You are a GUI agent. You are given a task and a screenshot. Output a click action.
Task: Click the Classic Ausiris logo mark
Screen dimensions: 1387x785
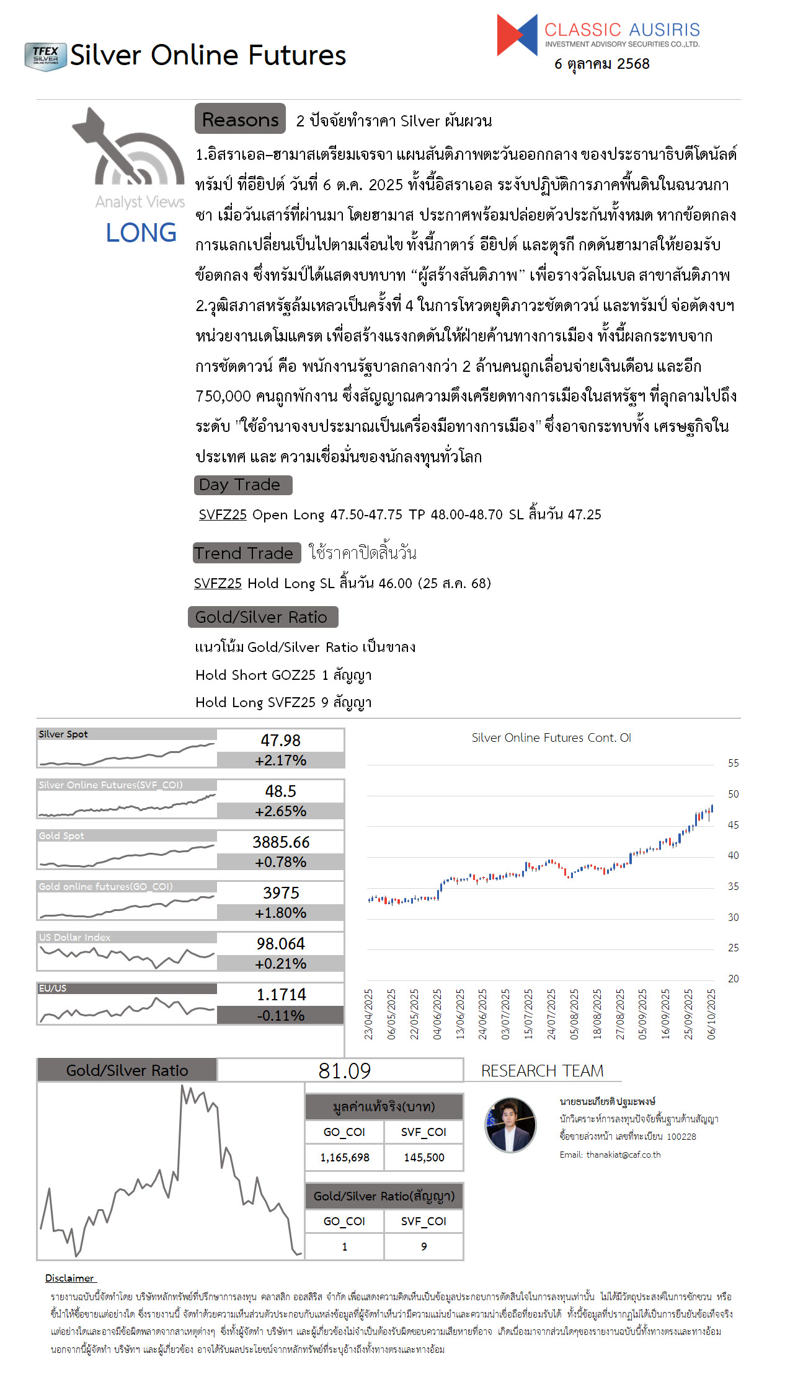click(517, 35)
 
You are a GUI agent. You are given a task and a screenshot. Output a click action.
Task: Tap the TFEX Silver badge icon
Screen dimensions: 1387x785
click(45, 56)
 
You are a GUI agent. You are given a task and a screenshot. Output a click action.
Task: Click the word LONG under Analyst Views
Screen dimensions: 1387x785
click(141, 233)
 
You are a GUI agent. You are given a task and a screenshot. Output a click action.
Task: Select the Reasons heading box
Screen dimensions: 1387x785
click(240, 119)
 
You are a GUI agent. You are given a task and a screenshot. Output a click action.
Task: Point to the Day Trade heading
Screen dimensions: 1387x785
click(242, 485)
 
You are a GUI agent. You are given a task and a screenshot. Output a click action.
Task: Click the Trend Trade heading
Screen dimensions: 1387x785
click(246, 553)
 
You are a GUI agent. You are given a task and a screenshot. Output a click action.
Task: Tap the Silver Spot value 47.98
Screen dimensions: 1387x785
click(280, 741)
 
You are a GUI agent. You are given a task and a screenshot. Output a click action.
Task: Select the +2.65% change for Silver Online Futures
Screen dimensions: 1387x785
click(280, 811)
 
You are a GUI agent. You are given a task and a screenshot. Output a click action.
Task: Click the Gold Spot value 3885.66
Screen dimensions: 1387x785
click(281, 842)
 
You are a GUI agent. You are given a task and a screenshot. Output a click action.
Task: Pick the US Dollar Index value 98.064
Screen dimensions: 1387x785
click(281, 944)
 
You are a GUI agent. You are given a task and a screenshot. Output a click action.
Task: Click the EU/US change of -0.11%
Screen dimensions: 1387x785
click(280, 1016)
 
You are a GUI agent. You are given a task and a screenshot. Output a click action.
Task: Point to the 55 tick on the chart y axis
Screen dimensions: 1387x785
click(733, 764)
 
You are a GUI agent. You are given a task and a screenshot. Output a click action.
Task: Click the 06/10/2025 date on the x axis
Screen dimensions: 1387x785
click(711, 1015)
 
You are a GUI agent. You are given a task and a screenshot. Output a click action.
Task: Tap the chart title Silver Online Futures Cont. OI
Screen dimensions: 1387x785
click(551, 738)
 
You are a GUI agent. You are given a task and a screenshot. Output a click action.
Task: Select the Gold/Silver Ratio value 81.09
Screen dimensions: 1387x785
click(345, 1071)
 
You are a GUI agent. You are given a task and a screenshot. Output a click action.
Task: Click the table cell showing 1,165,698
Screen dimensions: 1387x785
click(345, 1158)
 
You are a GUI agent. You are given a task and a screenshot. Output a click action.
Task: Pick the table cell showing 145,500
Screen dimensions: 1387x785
click(424, 1158)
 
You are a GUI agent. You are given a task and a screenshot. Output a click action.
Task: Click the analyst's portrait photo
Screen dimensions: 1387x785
click(510, 1125)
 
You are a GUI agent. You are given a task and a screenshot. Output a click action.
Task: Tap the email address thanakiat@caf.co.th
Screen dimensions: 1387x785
click(623, 1155)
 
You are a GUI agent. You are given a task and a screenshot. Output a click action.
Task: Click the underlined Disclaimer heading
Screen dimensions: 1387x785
click(69, 1278)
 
